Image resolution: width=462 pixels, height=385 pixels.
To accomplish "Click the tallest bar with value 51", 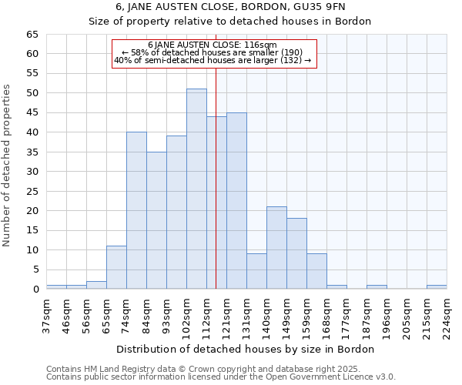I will click(196, 189).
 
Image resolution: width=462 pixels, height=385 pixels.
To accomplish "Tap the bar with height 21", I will click(276, 247).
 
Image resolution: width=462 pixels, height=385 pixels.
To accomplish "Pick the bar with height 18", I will click(296, 253).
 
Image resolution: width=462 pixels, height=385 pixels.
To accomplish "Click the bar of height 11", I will click(116, 267).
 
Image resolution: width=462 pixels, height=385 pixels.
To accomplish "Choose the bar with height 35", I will click(156, 220).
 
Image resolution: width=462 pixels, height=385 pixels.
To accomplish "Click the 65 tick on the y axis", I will click(32, 35).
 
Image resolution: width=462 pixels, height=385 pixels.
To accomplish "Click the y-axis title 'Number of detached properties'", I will click(8, 166).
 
